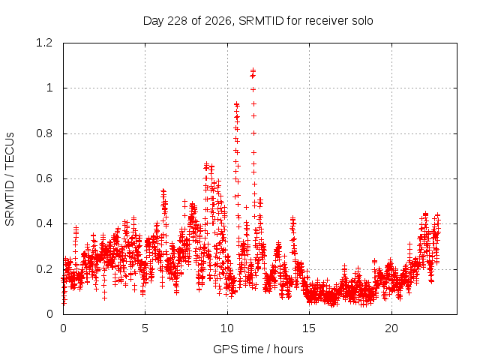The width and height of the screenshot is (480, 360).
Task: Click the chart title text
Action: tap(258, 21)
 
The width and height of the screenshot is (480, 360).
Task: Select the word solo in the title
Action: tap(362, 21)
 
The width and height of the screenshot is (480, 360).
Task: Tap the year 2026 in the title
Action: tap(217, 21)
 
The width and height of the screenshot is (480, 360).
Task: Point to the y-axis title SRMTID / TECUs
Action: tap(10, 179)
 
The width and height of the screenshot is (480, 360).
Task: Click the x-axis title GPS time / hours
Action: tap(258, 349)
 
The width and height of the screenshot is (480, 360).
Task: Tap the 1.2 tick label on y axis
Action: tap(44, 43)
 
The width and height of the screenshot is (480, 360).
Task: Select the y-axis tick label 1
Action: tap(49, 88)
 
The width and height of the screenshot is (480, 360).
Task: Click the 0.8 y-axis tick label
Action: tap(44, 133)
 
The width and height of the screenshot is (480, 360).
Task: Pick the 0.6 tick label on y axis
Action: tap(44, 178)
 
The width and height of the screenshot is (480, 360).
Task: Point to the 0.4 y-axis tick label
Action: tap(44, 223)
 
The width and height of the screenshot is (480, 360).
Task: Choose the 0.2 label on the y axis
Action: tap(44, 269)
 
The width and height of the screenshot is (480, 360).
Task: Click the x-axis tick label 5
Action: tap(145, 328)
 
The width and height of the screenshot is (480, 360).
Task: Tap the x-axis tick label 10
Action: tap(227, 328)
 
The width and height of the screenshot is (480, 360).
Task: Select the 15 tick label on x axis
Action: tap(309, 328)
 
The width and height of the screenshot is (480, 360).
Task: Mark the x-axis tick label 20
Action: tap(391, 328)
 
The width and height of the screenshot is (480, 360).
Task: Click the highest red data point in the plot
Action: tap(253, 70)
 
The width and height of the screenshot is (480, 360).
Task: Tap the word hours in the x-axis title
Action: tap(288, 349)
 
